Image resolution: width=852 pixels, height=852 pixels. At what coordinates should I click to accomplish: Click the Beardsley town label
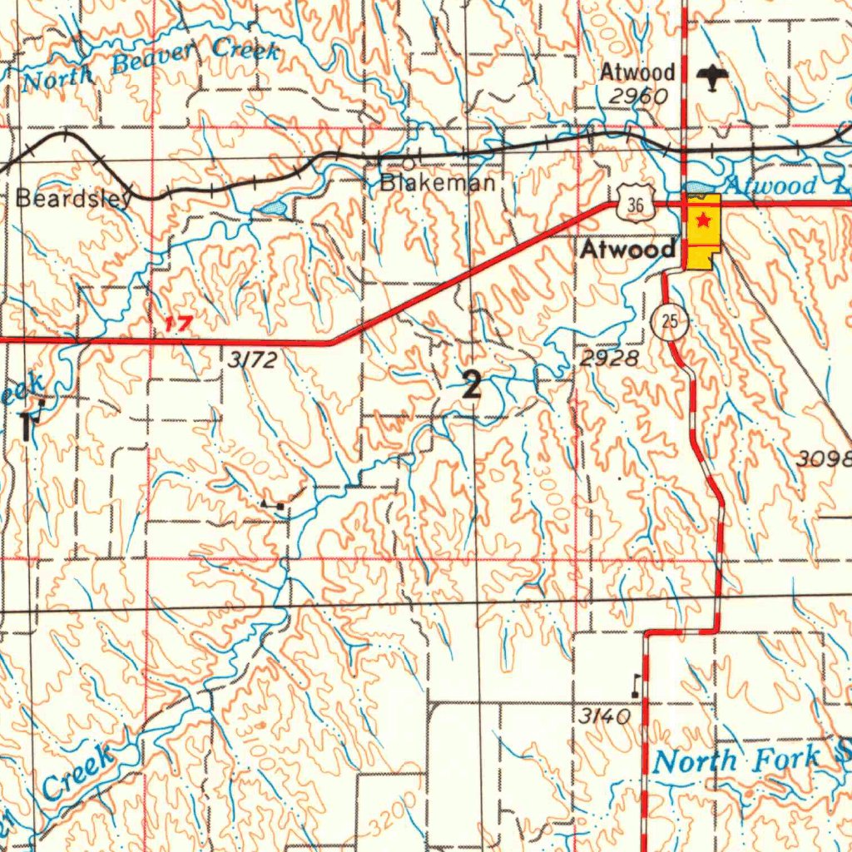tap(73, 199)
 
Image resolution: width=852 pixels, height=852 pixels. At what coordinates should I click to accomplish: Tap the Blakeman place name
tap(438, 183)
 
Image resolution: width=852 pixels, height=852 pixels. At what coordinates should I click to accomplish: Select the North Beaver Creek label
tap(150, 65)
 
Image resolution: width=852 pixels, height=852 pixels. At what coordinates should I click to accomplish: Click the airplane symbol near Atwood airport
tap(714, 77)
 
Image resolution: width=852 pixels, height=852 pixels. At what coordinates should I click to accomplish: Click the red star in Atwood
tap(703, 220)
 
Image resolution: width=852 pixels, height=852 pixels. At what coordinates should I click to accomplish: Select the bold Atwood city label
tap(627, 248)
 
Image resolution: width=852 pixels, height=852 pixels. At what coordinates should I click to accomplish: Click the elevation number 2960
tap(637, 97)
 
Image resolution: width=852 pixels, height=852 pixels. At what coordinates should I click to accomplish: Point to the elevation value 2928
tap(610, 359)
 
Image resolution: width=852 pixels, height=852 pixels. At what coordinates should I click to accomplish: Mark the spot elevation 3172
tap(250, 359)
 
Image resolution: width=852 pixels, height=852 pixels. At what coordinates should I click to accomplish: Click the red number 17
tap(178, 323)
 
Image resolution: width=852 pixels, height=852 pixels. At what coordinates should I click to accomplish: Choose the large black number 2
tap(472, 385)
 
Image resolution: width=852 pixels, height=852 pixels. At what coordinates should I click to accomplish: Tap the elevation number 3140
tap(604, 716)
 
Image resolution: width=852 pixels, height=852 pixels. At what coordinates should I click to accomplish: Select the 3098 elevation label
tap(825, 458)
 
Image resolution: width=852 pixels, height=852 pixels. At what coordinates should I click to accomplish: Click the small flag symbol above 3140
tap(637, 684)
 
